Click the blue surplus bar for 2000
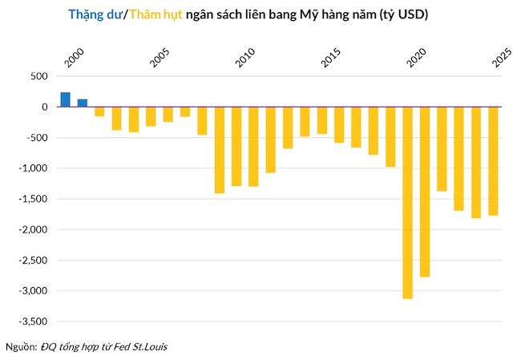tap(65, 99)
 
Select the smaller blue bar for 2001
tap(82, 103)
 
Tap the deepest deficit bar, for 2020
tap(407, 202)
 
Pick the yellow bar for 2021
tap(424, 192)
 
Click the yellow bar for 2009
tap(219, 150)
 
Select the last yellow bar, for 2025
tap(493, 160)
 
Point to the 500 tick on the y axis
tap(38, 76)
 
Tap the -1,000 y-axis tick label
tap(34, 168)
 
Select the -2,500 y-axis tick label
tap(34, 261)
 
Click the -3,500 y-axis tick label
tap(34, 322)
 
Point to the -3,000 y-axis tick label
tap(34, 291)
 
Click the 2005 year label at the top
tap(159, 59)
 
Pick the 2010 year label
tap(244, 59)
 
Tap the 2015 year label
tap(330, 59)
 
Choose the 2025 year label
tap(502, 59)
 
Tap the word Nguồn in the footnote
tap(20, 346)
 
